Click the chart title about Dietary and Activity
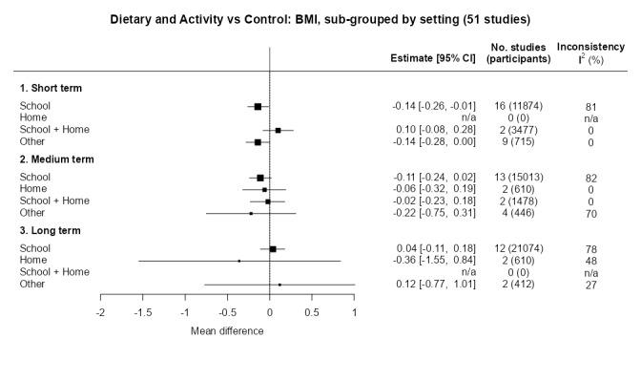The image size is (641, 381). (320, 19)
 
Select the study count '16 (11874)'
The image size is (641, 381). (518, 106)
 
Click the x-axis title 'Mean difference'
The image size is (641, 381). (227, 331)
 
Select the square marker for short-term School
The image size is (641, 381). (258, 106)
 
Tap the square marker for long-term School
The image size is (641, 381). (273, 249)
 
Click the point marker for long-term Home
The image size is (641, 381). (238, 261)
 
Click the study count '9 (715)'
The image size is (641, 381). (518, 141)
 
